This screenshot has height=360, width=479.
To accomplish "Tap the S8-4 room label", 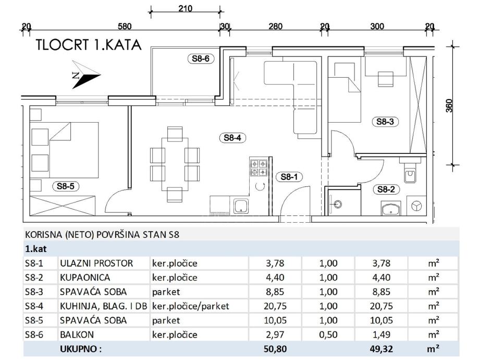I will point(232,138).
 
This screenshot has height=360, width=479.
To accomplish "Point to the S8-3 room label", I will point(387,122).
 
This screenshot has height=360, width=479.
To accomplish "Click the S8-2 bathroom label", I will point(387,190).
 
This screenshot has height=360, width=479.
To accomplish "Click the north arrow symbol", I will point(85,76).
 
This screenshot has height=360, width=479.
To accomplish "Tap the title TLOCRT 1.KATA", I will point(88,45).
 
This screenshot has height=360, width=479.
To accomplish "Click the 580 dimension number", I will point(125,27).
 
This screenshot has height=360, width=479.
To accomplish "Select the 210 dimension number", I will point(185,8).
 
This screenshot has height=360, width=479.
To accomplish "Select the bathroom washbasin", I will point(390,210).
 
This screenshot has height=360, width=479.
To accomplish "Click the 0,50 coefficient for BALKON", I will point(328,335).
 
